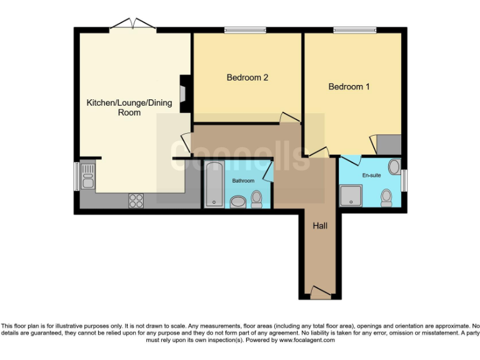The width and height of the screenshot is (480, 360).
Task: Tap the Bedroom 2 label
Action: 247,77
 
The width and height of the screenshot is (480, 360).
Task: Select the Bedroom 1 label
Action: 349,87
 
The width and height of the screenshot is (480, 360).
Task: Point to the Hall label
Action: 320,224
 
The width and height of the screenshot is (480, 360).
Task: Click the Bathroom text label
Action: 243,181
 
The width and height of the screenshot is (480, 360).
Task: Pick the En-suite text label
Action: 371,176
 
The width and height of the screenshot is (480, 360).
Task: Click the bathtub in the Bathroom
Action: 214,184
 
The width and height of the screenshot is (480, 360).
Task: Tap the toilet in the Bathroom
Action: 256,199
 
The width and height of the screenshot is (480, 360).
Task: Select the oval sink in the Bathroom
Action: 238,201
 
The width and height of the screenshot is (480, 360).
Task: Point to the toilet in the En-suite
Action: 386,197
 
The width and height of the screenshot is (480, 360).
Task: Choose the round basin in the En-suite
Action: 394,166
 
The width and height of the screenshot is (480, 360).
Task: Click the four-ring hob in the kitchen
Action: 136,201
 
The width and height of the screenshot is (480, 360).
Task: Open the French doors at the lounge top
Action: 132,26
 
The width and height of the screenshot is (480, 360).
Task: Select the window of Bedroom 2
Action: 246,29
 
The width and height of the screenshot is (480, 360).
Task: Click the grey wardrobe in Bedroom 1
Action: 388,144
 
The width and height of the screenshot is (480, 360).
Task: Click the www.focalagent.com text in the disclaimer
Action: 308,341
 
